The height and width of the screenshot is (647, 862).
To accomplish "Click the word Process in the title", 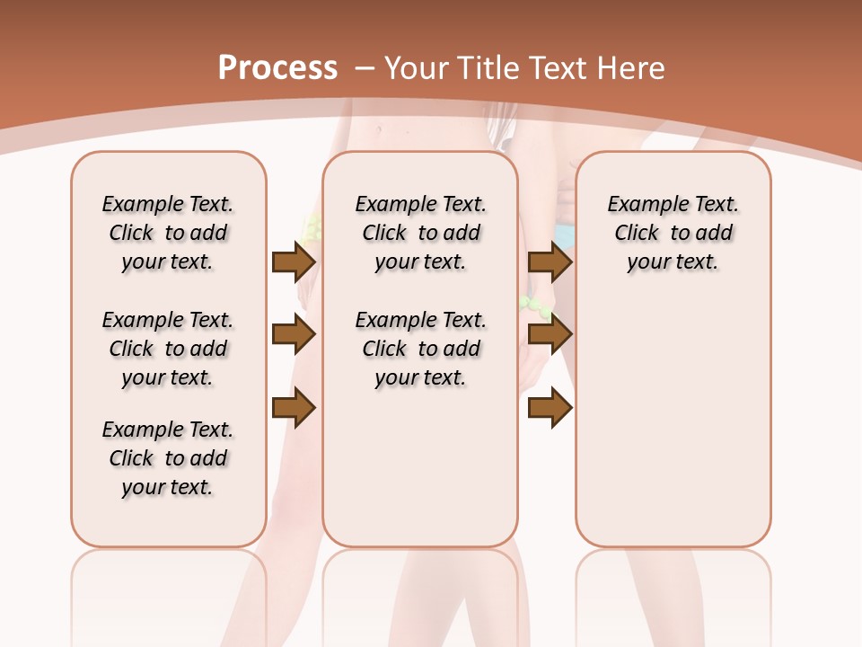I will click(x=277, y=68).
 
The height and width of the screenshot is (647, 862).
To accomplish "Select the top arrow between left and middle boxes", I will click(x=293, y=262).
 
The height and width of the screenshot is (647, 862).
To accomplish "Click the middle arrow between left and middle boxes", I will click(x=293, y=335).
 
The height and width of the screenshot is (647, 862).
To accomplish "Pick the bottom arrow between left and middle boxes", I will click(x=293, y=408).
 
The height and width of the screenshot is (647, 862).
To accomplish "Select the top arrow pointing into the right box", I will click(x=550, y=262).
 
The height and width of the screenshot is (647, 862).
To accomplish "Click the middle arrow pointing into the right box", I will click(x=550, y=335).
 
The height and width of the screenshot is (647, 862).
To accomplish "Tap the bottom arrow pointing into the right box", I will click(x=550, y=408).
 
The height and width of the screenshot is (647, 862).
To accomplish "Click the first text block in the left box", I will click(x=168, y=233).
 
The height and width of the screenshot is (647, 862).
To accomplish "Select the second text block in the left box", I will click(x=168, y=349).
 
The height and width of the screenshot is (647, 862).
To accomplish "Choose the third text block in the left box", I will click(x=168, y=458).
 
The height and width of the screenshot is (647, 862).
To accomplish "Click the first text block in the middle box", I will click(x=421, y=233).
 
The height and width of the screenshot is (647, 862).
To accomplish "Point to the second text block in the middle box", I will click(x=421, y=349).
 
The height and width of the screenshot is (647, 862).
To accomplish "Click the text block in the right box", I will click(x=673, y=233).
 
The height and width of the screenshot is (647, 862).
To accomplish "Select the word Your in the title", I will click(x=418, y=68).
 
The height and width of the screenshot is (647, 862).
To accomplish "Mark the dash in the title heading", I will click(x=365, y=68).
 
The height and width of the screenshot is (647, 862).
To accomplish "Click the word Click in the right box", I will click(x=637, y=234).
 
